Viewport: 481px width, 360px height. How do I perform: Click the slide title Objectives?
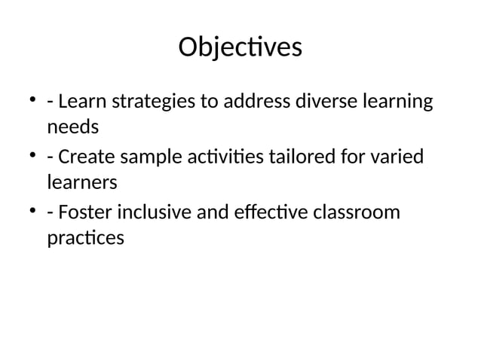[240, 47]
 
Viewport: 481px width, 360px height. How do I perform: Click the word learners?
[82, 182]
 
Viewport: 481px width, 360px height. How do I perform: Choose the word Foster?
[83, 213]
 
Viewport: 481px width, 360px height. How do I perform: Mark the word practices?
[85, 239]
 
